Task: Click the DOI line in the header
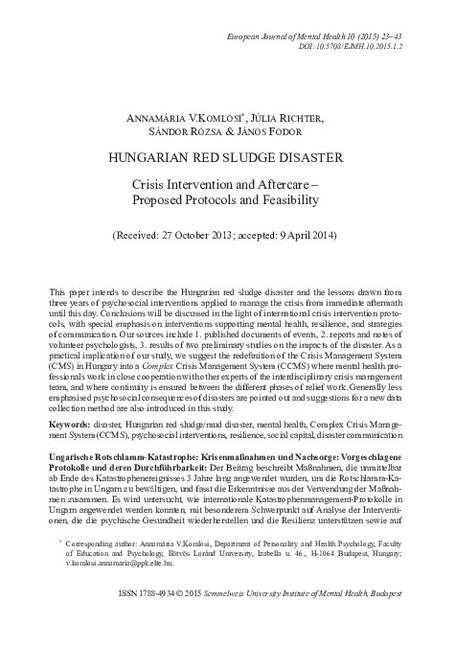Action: (362, 45)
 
